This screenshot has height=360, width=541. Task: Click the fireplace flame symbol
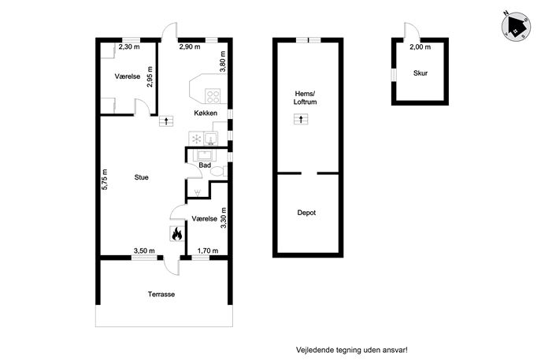pyautogui.click(x=176, y=234)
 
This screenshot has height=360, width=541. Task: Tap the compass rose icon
pyautogui.click(x=516, y=26)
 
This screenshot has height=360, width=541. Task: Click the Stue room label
pyautogui.click(x=142, y=177)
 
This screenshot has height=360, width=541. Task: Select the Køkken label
pyautogui.click(x=206, y=113)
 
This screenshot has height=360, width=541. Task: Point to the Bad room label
pyautogui.click(x=205, y=165)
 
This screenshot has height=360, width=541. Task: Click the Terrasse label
pyautogui.click(x=161, y=295)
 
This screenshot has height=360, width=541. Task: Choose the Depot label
pyautogui.click(x=306, y=213)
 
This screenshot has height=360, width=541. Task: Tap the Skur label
pyautogui.click(x=421, y=73)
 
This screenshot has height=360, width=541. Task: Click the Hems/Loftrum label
pyautogui.click(x=306, y=98)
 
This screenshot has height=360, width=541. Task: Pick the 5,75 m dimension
pyautogui.click(x=105, y=180)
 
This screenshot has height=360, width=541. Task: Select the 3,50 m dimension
pyautogui.click(x=144, y=251)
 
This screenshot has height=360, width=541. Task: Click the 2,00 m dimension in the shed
pyautogui.click(x=421, y=47)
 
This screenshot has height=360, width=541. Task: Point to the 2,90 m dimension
pyautogui.click(x=190, y=46)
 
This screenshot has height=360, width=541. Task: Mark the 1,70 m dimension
pyautogui.click(x=208, y=251)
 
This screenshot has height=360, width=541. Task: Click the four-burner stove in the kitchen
pyautogui.click(x=213, y=96)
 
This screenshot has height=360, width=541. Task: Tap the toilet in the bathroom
pyautogui.click(x=218, y=172)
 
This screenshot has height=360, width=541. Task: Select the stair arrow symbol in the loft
pyautogui.click(x=301, y=120)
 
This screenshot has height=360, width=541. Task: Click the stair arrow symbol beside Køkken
pyautogui.click(x=166, y=121)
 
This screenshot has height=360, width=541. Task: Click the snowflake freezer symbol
pyautogui.click(x=196, y=139)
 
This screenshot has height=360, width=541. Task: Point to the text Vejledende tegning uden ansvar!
pyautogui.click(x=351, y=350)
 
